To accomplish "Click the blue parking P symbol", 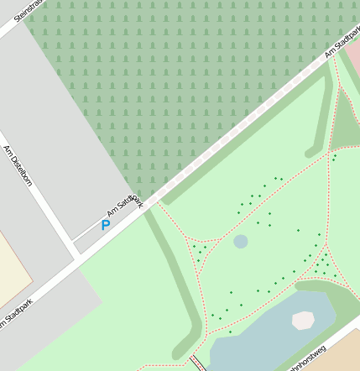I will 105,225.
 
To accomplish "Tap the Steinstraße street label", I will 26,9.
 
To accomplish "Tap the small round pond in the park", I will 241,242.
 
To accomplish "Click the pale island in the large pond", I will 303,320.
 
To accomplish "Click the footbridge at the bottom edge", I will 198,363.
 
